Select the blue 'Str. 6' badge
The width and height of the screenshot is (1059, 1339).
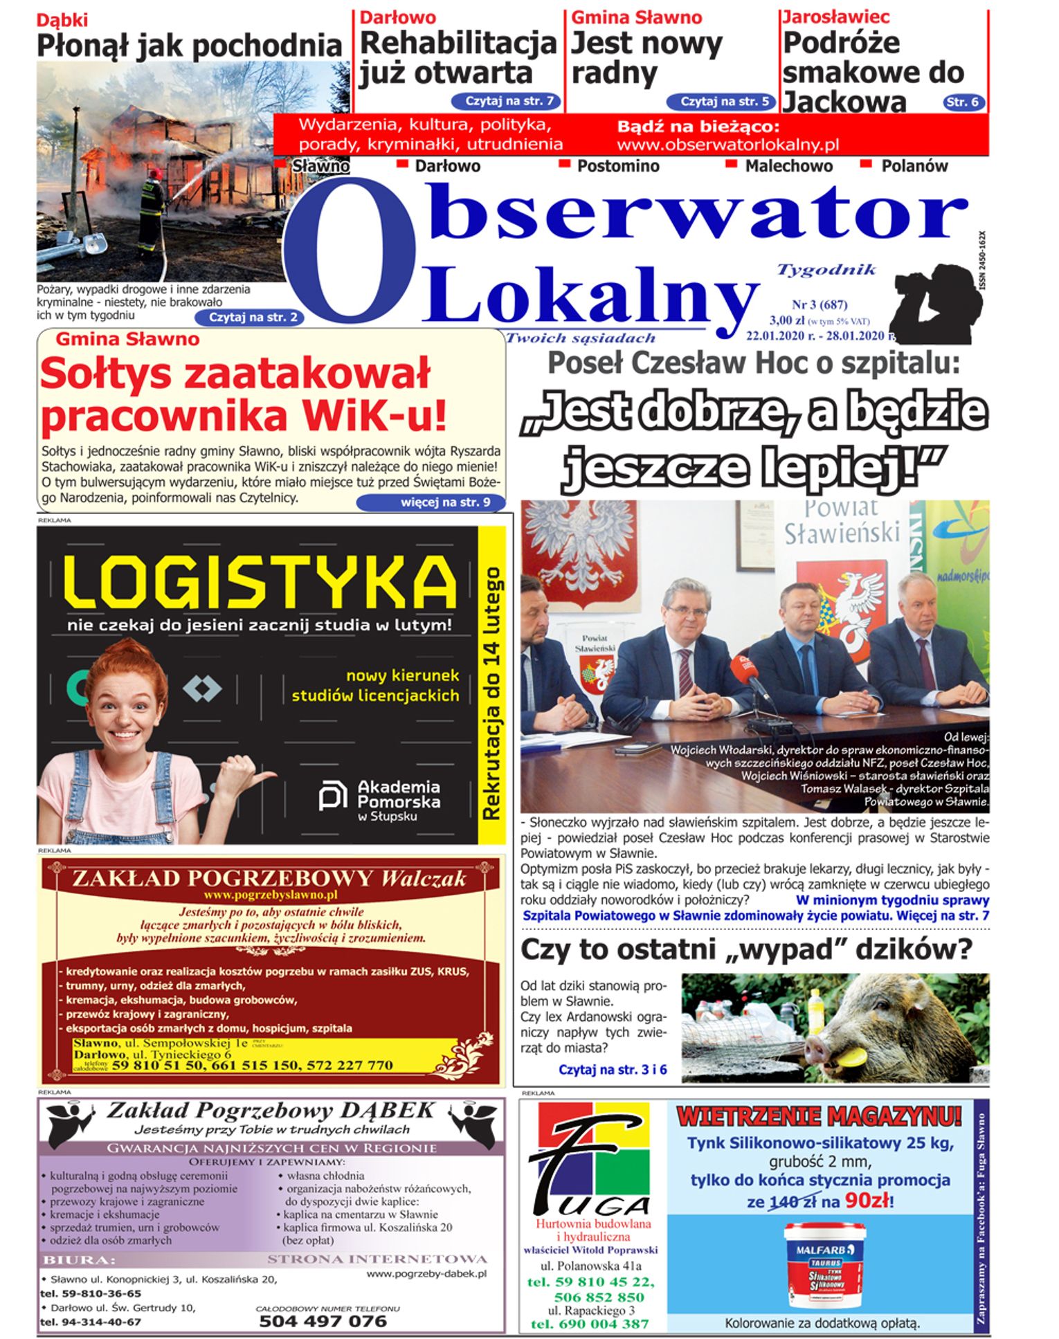[963, 102]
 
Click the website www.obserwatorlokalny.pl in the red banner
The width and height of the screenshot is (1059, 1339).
[727, 145]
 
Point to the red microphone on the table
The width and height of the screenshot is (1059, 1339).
[743, 667]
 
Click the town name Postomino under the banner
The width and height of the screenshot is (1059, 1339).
[617, 166]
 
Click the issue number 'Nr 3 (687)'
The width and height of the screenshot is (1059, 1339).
[819, 304]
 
